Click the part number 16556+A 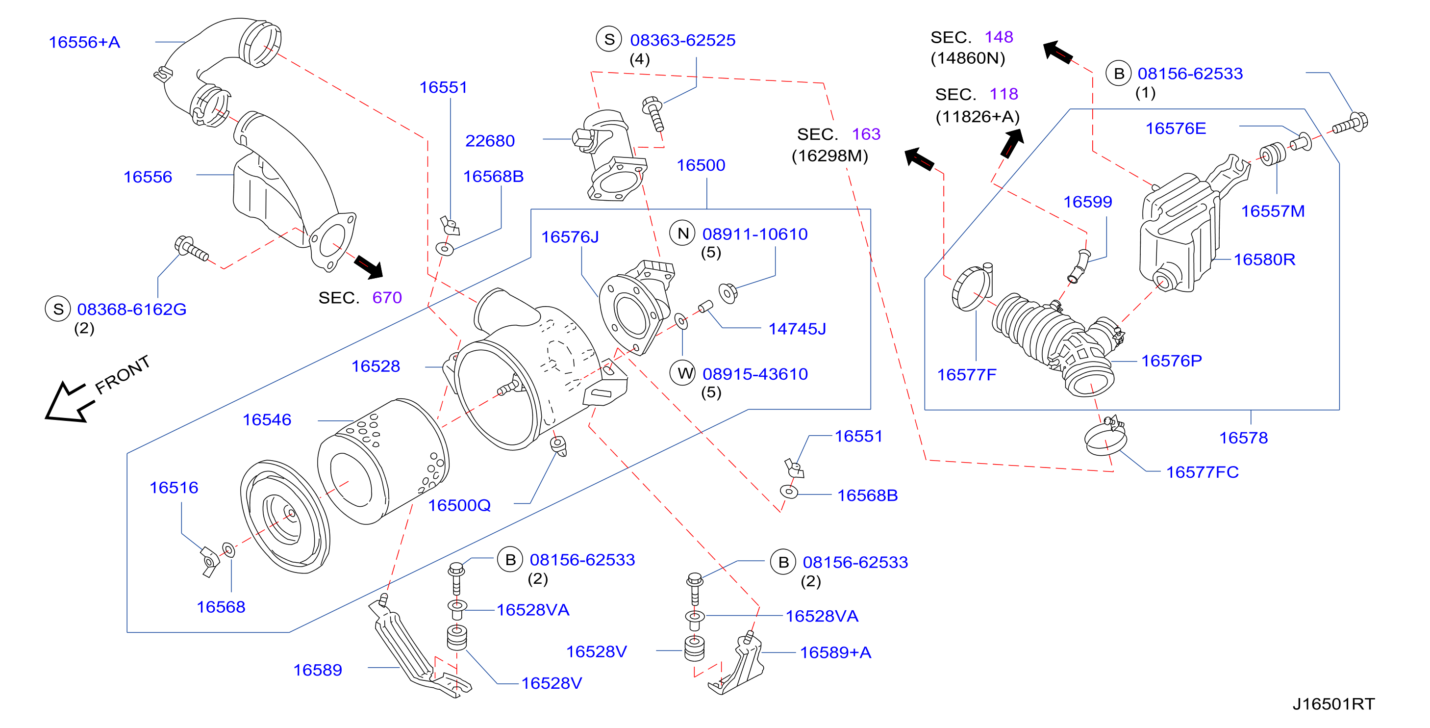(84, 42)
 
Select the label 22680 (490, 141)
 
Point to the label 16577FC (1202, 472)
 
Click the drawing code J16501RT (1333, 704)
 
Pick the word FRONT (123, 375)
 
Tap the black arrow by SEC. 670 (369, 267)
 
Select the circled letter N (683, 234)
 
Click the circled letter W (684, 373)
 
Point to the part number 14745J (797, 329)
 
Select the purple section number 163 (866, 134)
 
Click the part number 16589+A (835, 652)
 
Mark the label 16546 (267, 420)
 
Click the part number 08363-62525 (682, 40)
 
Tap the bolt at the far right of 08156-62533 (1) (1351, 124)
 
